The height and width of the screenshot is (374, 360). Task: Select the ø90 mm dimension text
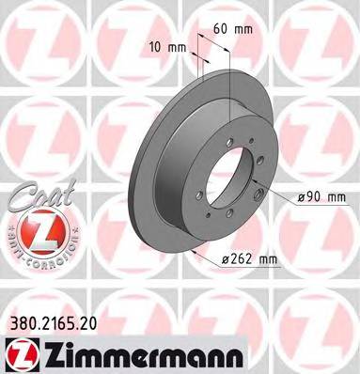(x=321, y=196)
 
